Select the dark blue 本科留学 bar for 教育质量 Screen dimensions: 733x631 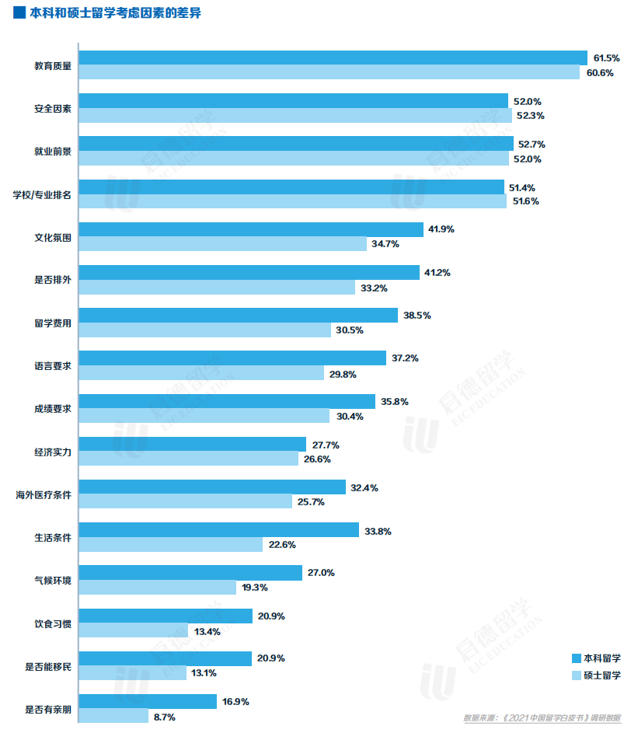click(x=333, y=58)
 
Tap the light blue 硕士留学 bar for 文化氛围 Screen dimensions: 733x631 click(x=223, y=244)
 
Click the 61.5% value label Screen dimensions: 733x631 click(x=606, y=58)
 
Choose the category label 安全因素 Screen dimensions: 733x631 click(x=53, y=109)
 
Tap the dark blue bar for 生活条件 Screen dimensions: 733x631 click(x=219, y=530)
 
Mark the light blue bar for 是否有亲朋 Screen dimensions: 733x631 click(x=114, y=716)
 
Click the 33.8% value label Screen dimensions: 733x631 click(x=378, y=531)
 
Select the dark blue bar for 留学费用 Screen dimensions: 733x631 click(x=239, y=315)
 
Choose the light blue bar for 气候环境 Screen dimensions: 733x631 click(x=158, y=588)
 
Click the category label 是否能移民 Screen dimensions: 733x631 click(x=48, y=667)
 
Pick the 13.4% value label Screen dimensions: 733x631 click(x=207, y=631)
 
